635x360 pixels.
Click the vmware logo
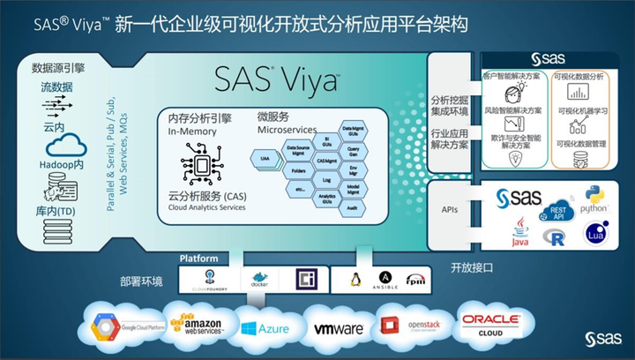(x=339, y=328)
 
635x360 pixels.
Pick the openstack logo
(x=407, y=327)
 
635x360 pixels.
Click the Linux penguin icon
(x=356, y=280)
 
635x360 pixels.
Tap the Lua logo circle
(x=597, y=233)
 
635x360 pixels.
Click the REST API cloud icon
(x=557, y=212)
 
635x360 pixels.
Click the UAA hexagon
(x=265, y=156)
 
